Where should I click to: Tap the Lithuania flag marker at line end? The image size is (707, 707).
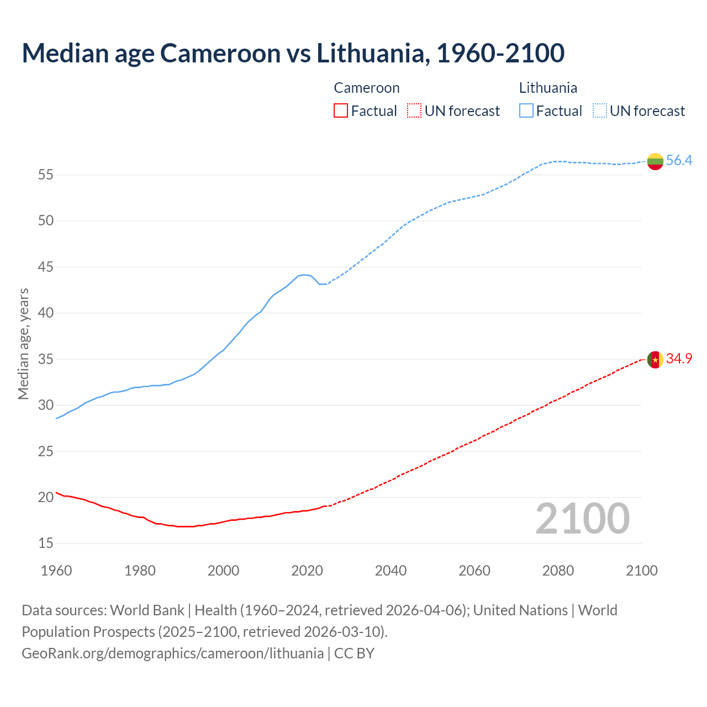pyautogui.click(x=655, y=161)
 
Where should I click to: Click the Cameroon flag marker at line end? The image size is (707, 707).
pyautogui.click(x=655, y=360)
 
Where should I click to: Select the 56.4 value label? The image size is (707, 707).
pyautogui.click(x=679, y=161)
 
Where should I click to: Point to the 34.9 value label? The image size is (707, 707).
pyautogui.click(x=679, y=359)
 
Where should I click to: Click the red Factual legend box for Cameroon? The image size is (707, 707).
pyautogui.click(x=341, y=111)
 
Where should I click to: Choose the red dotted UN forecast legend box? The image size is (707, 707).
pyautogui.click(x=414, y=111)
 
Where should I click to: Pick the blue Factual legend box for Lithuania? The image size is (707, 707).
pyautogui.click(x=526, y=111)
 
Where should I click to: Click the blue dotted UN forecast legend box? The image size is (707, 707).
pyautogui.click(x=599, y=111)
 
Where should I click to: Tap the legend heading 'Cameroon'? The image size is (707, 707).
pyautogui.click(x=366, y=88)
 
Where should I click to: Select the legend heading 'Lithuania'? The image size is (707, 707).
pyautogui.click(x=548, y=88)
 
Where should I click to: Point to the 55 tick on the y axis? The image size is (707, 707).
pyautogui.click(x=46, y=175)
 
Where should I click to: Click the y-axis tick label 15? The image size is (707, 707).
pyautogui.click(x=46, y=544)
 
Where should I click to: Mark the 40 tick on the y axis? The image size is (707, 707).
pyautogui.click(x=46, y=313)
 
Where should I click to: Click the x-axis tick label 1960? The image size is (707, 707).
pyautogui.click(x=56, y=571)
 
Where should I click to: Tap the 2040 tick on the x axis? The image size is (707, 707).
pyautogui.click(x=391, y=571)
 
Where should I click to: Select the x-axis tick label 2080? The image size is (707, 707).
pyautogui.click(x=558, y=571)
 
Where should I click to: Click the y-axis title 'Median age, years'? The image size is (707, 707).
pyautogui.click(x=23, y=344)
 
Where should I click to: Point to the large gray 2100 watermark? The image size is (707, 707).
pyautogui.click(x=582, y=519)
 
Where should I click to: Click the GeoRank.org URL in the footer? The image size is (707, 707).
pyautogui.click(x=172, y=653)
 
